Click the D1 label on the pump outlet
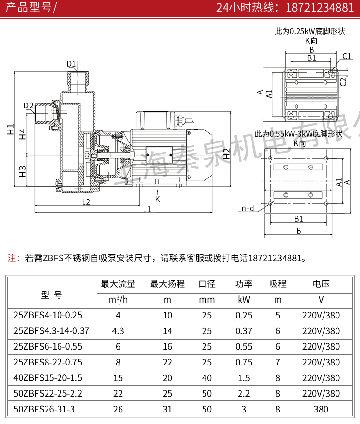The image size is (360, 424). point(72,64)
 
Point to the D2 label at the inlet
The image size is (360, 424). point(28,106)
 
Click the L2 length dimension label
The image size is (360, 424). point(86,201)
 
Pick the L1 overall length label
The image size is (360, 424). point(146,209)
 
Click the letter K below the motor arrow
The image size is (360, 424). point(157,198)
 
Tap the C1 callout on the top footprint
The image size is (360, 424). point(347,57)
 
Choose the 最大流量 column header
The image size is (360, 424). point(118,284)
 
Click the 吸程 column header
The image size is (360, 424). point(277,284)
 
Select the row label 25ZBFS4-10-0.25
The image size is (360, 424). point(48,316)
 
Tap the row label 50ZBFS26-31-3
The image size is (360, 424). point(45,409)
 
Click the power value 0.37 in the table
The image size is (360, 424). point(244,331)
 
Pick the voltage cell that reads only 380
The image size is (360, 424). point(321,409)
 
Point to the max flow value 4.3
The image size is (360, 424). point(118,331)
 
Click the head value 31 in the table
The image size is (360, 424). point(168,409)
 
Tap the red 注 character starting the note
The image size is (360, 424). point(13,258)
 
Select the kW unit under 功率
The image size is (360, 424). point(244,300)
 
